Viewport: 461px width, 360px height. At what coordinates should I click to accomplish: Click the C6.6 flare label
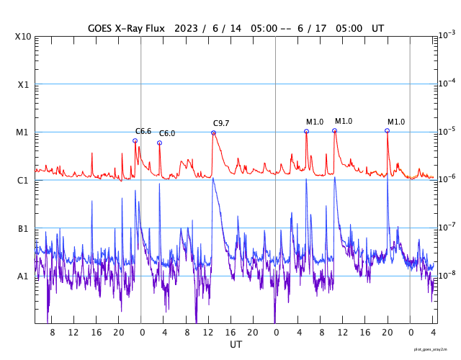tap(143, 131)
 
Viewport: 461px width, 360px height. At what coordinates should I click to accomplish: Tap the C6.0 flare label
tap(167, 134)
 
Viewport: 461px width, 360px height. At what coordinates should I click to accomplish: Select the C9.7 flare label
tap(221, 123)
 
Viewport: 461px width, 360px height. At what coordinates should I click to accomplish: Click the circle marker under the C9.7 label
tap(213, 132)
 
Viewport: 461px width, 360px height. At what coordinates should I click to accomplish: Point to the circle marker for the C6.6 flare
tap(135, 141)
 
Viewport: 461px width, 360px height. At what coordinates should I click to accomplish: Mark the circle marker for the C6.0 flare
tap(159, 143)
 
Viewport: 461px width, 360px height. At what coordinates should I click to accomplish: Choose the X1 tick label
tap(23, 84)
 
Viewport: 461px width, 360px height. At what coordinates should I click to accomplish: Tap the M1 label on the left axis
tap(23, 132)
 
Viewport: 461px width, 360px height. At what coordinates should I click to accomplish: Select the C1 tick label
tap(23, 180)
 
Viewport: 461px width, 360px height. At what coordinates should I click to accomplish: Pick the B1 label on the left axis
tap(23, 228)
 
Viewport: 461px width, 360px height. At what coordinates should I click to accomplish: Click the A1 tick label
tap(23, 276)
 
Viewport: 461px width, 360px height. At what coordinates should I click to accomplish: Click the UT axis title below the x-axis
tap(236, 344)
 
